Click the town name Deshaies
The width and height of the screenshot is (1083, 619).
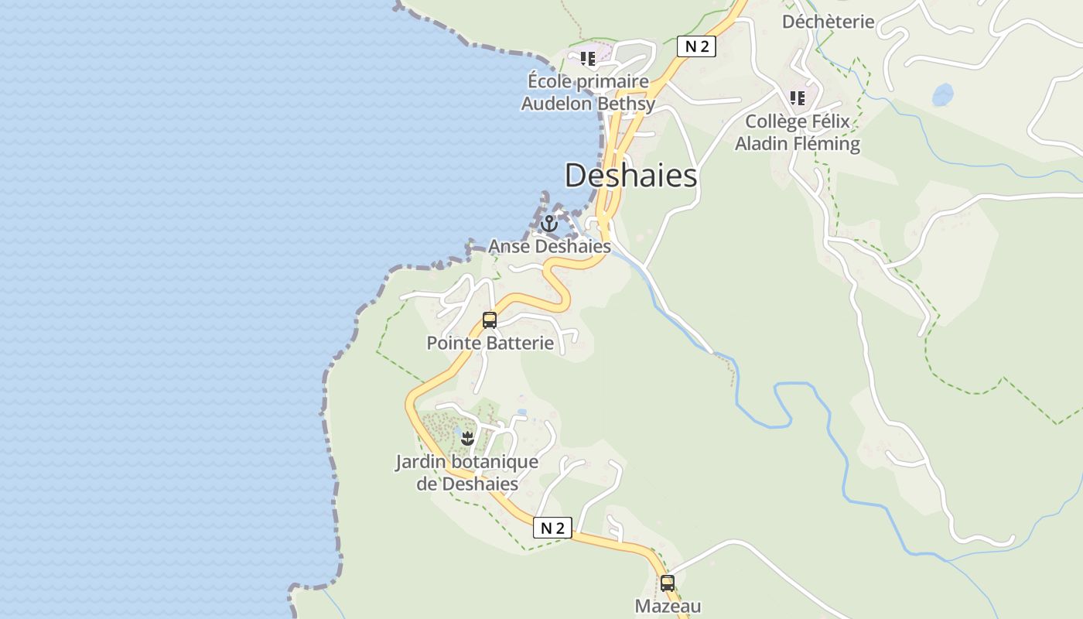(x=630, y=176)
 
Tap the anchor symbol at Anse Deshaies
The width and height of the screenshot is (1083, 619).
(x=549, y=224)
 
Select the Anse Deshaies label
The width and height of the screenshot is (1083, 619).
(x=549, y=247)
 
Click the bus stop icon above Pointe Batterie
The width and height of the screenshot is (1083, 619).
(x=490, y=320)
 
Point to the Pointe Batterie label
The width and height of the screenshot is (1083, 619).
(x=490, y=343)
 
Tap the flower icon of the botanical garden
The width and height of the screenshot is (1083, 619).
(x=466, y=439)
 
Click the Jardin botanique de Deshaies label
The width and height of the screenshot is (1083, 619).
(x=467, y=473)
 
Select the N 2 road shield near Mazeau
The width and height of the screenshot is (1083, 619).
(x=552, y=528)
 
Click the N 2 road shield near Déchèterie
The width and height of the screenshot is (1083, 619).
(x=696, y=46)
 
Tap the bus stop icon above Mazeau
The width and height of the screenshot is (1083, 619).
(x=667, y=583)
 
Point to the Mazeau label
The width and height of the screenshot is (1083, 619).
(x=668, y=606)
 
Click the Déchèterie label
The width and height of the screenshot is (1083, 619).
(x=828, y=22)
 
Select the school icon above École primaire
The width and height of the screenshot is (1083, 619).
(x=588, y=58)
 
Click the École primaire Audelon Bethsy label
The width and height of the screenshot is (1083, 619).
(x=588, y=92)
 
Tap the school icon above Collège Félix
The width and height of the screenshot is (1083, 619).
(x=798, y=98)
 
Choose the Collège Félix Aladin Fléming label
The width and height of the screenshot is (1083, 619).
(x=798, y=132)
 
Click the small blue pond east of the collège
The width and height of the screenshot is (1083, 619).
(x=943, y=95)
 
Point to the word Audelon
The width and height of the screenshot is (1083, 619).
(x=555, y=103)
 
